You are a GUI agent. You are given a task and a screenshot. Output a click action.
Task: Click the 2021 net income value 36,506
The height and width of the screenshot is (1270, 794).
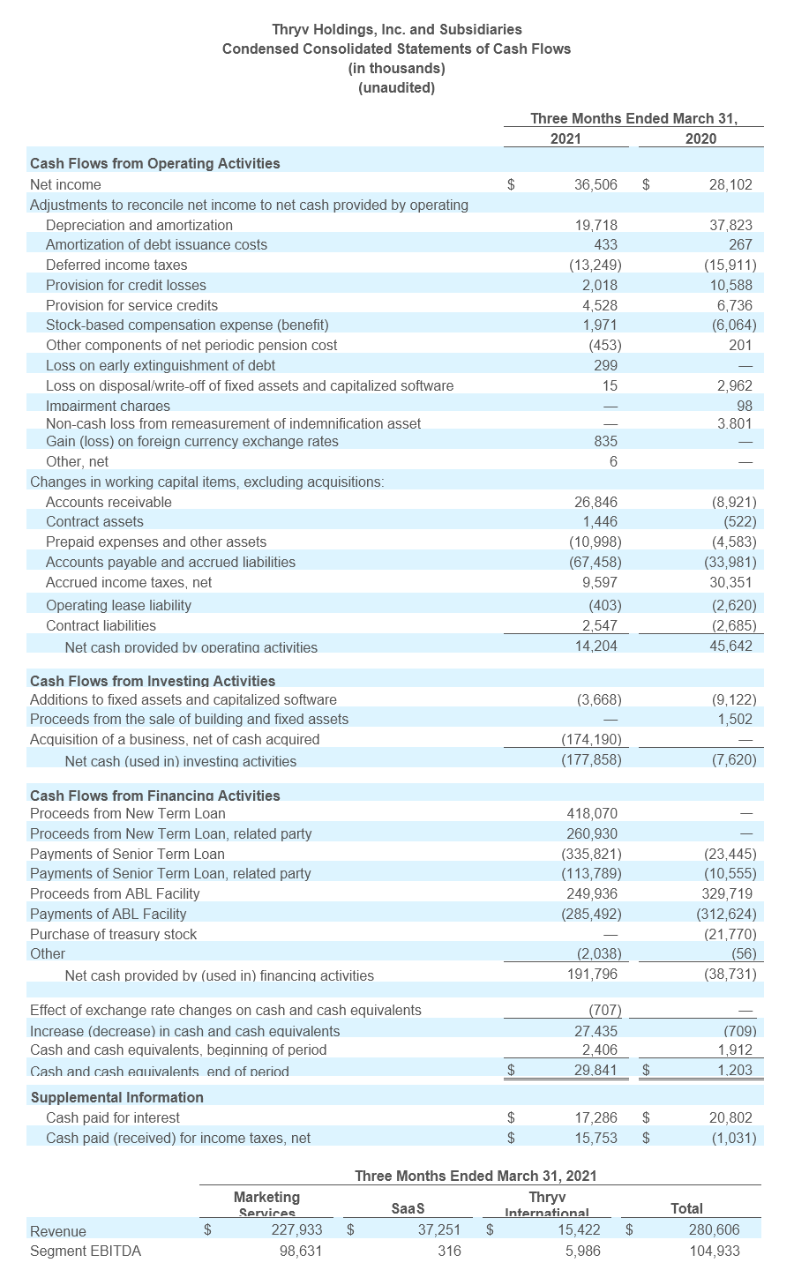click(x=595, y=184)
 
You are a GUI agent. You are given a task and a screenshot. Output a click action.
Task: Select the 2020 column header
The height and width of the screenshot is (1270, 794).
click(x=700, y=138)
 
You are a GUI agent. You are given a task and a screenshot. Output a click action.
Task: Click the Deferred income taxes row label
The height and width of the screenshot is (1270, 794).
click(x=116, y=265)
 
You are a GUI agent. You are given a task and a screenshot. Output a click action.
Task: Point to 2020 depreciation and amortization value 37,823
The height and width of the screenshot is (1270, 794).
click(x=732, y=225)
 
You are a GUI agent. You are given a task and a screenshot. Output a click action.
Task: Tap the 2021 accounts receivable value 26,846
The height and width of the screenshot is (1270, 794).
click(x=595, y=502)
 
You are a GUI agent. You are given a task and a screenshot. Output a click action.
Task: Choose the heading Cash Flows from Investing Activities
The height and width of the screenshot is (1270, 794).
click(x=153, y=681)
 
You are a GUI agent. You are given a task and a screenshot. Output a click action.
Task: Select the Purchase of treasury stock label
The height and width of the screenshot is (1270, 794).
click(x=113, y=934)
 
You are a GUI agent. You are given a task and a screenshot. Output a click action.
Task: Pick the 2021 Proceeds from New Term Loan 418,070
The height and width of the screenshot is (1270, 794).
click(x=592, y=813)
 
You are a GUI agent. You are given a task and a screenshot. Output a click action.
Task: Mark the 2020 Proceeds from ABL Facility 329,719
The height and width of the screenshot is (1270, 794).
click(x=729, y=893)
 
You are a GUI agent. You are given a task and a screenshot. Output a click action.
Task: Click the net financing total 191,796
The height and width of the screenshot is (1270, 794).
click(x=592, y=974)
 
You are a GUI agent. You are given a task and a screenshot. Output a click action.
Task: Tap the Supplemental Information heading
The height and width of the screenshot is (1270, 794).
click(x=116, y=1097)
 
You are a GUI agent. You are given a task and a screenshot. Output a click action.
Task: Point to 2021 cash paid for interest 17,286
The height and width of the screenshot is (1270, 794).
click(x=595, y=1117)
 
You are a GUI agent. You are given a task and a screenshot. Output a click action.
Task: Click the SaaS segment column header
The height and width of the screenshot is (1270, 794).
click(x=408, y=1208)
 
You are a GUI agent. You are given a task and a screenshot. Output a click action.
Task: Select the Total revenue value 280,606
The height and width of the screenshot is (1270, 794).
click(x=714, y=1229)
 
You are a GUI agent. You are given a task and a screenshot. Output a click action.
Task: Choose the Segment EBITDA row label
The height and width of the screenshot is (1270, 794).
click(x=86, y=1251)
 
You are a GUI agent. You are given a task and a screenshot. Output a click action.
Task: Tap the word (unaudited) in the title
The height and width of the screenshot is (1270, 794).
click(x=396, y=87)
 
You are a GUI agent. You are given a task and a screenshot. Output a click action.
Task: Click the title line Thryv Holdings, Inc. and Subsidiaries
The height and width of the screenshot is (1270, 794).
click(x=396, y=30)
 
